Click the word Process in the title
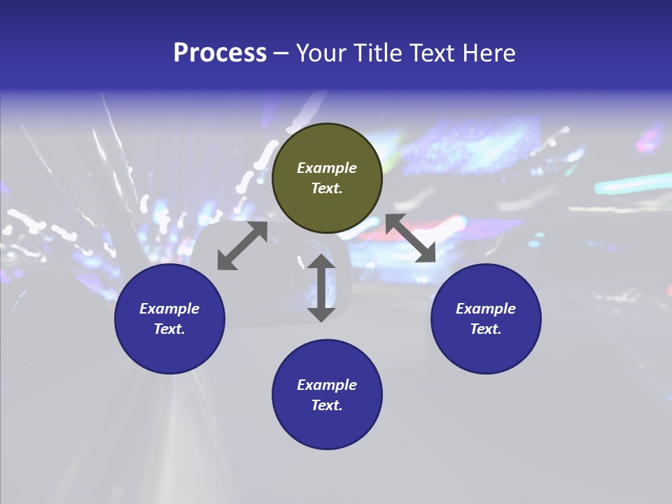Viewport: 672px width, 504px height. coord(220,53)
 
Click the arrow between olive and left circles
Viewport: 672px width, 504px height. coord(242,246)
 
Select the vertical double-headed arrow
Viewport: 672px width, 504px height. coord(321,288)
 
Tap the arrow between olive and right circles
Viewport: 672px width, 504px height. coord(411,239)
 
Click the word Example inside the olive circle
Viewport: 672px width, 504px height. coord(327,168)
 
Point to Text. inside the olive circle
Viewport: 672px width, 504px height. coord(327,188)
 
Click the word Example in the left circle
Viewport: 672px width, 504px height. coord(169,309)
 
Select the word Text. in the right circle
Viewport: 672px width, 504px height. coord(486,329)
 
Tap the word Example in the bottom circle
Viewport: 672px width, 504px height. coord(327,385)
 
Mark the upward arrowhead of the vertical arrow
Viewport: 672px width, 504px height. coord(321,262)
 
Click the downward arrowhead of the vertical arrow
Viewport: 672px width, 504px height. coord(321,314)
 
